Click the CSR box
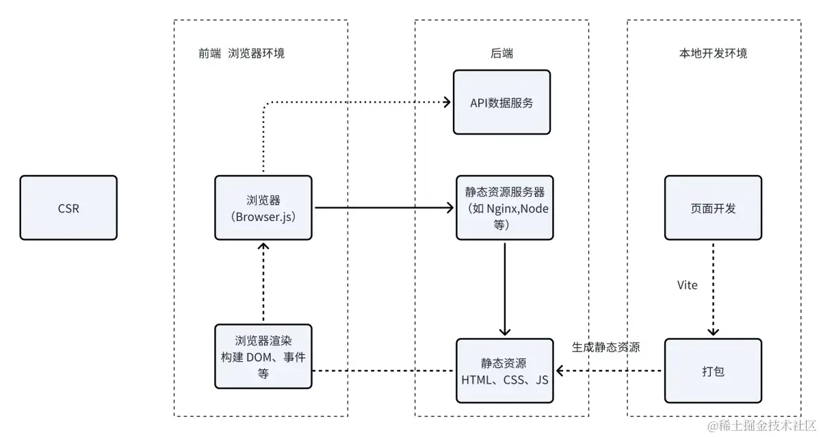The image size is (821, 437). [68, 208]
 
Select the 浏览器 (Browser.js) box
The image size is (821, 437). [263, 208]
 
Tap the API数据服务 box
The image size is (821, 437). [501, 103]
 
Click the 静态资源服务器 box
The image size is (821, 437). [504, 208]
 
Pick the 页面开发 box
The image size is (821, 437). [713, 208]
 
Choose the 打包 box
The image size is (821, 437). [713, 371]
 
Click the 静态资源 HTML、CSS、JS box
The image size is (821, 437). [504, 371]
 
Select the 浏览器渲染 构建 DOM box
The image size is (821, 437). [263, 356]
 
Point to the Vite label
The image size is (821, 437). [687, 285]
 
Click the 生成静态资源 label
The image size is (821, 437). [605, 347]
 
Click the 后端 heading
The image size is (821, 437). [501, 53]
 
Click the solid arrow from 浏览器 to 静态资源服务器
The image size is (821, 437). [383, 207]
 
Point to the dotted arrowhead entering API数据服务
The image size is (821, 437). [446, 103]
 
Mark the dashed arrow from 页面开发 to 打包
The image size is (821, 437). [713, 287]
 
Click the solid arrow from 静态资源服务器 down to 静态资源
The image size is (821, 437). [504, 287]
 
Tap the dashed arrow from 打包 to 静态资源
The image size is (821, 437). [609, 371]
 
